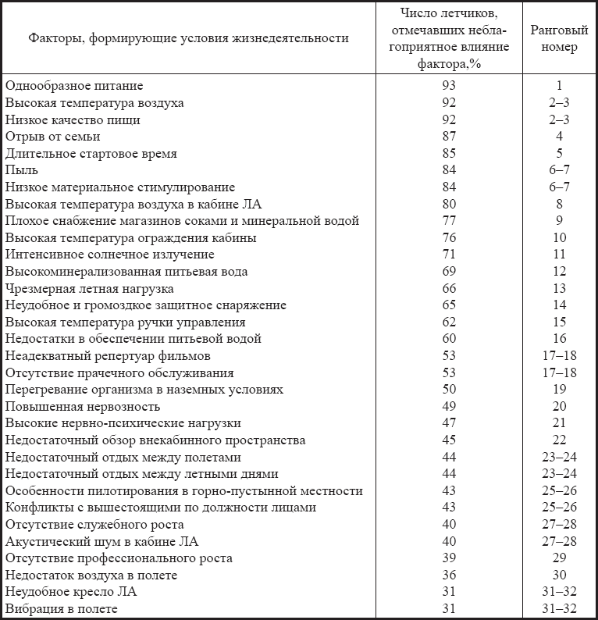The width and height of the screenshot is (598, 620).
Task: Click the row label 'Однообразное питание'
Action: [74, 86]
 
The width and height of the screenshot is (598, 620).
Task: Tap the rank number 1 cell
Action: [559, 86]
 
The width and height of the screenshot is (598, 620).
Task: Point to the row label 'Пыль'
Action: [21, 170]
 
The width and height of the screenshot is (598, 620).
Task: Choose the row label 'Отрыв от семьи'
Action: [52, 137]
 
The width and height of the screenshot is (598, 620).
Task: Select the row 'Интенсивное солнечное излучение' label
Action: [109, 255]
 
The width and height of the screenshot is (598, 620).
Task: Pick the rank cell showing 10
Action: [559, 238]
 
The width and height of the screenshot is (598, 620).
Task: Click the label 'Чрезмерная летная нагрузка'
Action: [89, 289]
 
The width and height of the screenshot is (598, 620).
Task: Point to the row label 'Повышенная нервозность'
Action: [82, 407]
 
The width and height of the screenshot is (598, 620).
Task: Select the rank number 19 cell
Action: [559, 390]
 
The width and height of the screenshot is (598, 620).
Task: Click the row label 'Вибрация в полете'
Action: [62, 609]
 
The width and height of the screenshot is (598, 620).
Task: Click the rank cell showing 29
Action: [559, 559]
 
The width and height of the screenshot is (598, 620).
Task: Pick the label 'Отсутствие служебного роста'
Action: [94, 525]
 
